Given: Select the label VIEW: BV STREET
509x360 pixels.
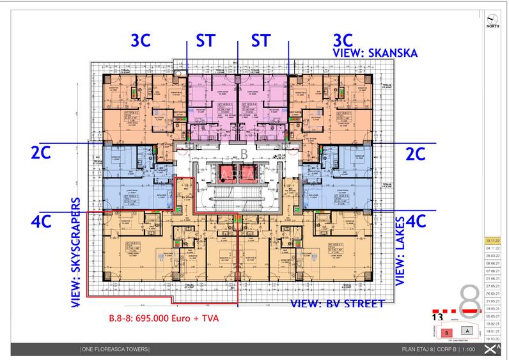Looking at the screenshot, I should (x=337, y=304).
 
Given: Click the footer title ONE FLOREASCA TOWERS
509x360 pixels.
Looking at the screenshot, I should (x=116, y=348).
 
